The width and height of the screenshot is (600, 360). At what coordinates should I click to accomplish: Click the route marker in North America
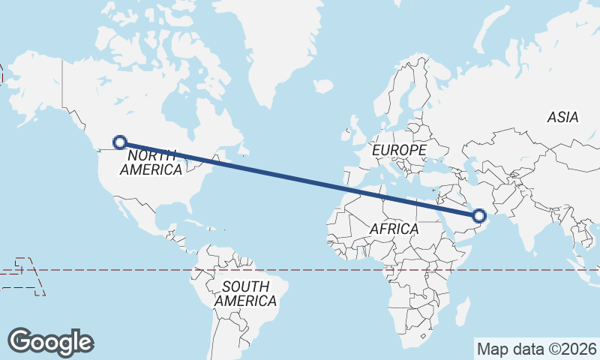coord(118,141)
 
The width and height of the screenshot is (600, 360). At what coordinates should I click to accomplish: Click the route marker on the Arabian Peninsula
coord(480,217)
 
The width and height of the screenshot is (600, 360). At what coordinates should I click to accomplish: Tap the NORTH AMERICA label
coord(151,162)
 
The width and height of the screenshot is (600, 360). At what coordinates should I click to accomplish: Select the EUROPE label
coord(399,150)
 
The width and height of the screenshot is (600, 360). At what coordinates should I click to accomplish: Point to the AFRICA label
coord(393,229)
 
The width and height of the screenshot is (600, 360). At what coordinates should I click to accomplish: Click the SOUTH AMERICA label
coord(245,293)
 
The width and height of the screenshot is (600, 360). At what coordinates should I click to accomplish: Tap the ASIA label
coord(562,117)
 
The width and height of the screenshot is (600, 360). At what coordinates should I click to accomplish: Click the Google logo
coord(51,341)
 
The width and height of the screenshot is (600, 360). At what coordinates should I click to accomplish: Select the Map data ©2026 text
coord(537,349)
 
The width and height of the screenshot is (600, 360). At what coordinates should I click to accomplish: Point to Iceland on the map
coord(322,86)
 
